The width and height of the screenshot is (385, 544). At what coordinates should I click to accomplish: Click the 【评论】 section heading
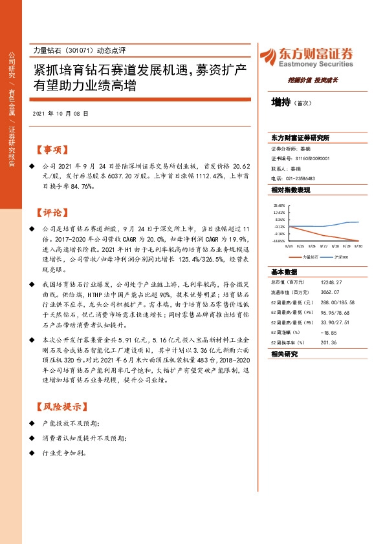click(x=51, y=213)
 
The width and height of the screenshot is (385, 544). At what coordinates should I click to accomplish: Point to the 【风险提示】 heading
click(x=60, y=408)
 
